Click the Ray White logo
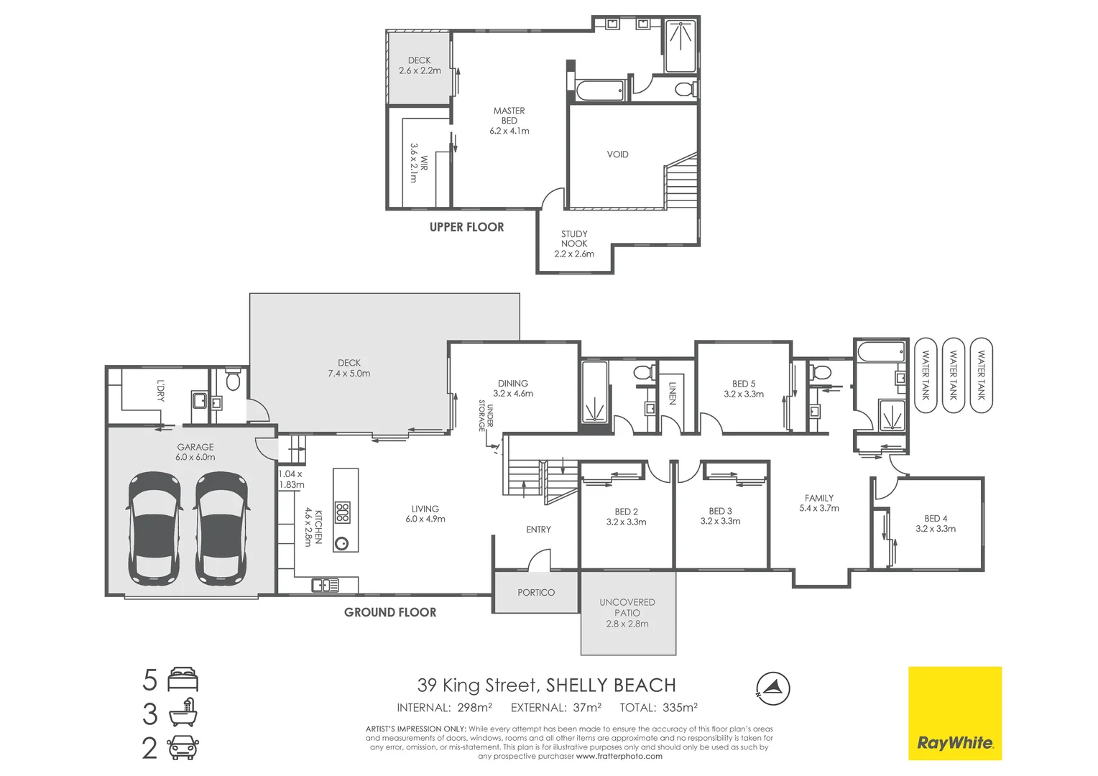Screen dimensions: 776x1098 click(954, 713)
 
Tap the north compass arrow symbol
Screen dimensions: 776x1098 click(772, 688)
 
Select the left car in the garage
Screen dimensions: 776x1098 click(154, 528)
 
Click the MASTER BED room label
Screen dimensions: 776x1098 click(509, 120)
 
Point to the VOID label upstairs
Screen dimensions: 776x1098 click(617, 154)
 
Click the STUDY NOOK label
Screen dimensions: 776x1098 click(574, 244)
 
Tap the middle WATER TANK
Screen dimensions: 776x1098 click(953, 374)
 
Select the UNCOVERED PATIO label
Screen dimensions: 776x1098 click(627, 613)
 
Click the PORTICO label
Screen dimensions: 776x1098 click(536, 593)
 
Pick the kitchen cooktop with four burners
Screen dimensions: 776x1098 click(343, 512)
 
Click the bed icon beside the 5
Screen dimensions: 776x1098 click(183, 679)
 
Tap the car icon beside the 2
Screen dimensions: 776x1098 click(183, 748)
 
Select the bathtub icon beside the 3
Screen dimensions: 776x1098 click(183, 713)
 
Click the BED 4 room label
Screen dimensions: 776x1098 click(935, 523)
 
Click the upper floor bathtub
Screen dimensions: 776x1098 click(600, 91)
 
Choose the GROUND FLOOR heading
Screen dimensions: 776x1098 click(390, 612)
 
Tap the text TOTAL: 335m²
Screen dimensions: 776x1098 click(658, 708)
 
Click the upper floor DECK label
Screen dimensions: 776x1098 click(420, 65)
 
